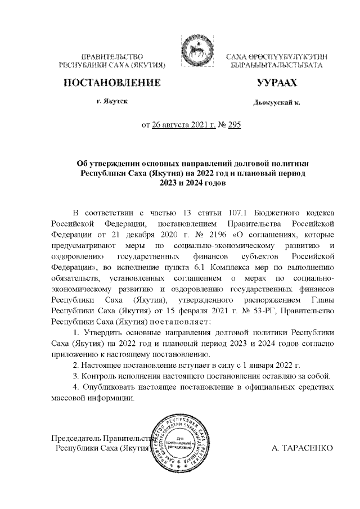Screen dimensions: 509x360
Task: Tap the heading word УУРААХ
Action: tap(276, 84)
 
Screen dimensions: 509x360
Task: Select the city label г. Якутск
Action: tap(111, 102)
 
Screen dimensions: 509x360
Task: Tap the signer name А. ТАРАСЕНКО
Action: tap(303, 448)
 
